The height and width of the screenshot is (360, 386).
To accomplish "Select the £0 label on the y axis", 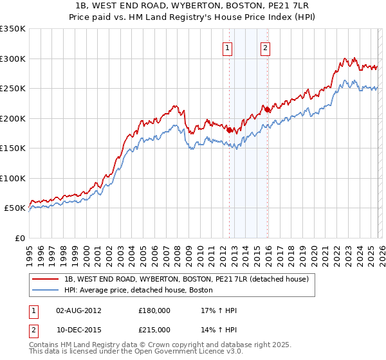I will pos(19,238).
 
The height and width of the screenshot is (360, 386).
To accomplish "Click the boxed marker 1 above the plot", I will pos(228,47).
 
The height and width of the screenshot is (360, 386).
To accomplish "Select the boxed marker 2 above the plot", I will pos(265,47).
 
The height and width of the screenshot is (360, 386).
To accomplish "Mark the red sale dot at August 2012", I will pos(229,130).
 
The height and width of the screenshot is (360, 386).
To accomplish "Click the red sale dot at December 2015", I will pos(268,110).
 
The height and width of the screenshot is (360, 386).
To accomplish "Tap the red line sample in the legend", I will pos(46,279).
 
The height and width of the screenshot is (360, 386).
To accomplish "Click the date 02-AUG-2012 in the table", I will pos(78,310).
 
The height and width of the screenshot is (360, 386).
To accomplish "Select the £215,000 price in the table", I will pos(154,330).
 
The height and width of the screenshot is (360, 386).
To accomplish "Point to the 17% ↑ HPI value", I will pos(219,310).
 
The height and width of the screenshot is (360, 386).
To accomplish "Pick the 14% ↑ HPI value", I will pos(219,330).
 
